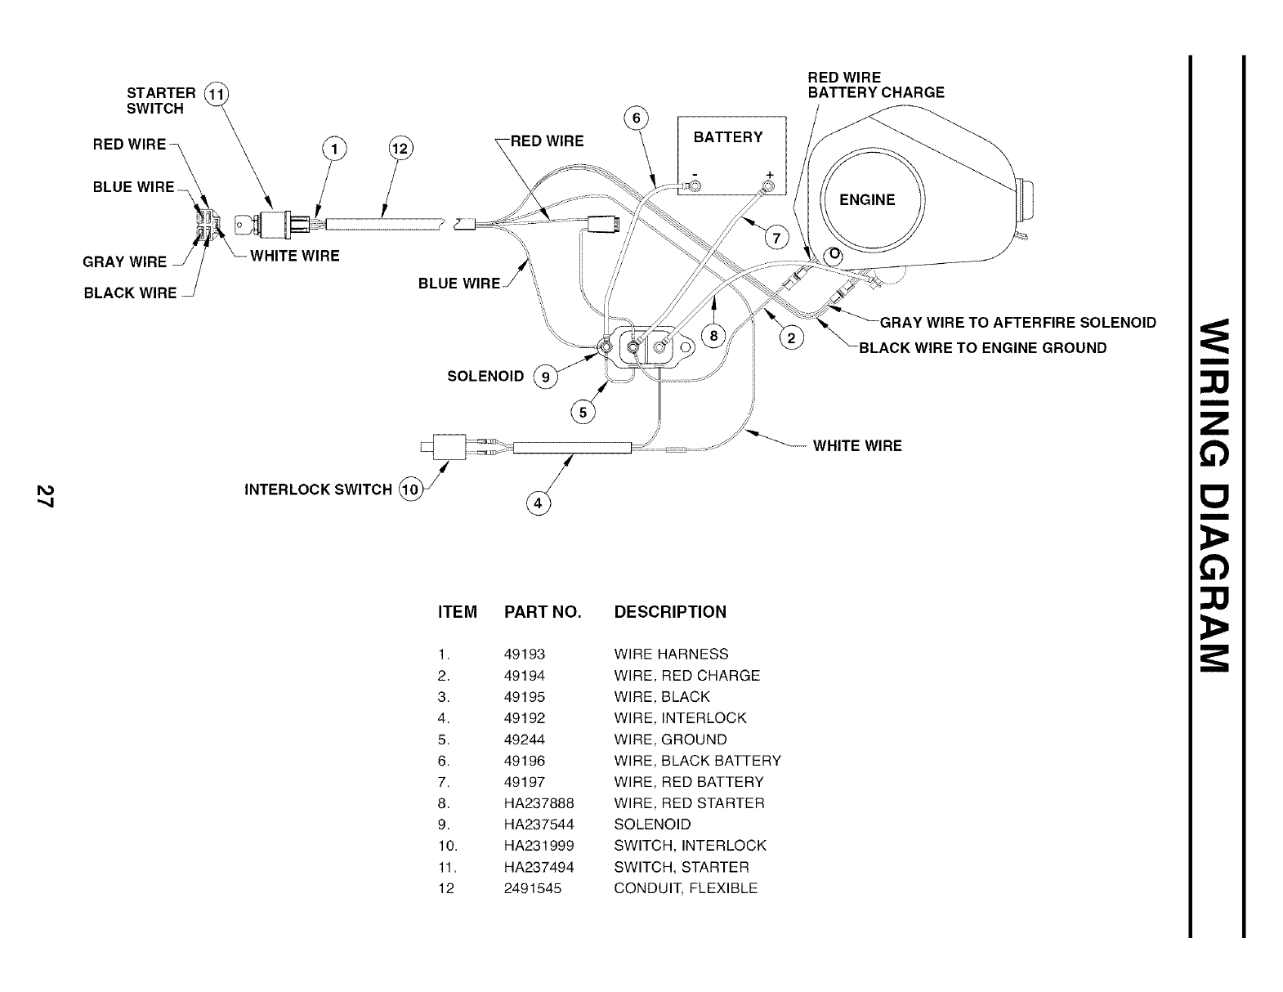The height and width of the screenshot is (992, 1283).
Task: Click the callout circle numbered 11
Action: click(216, 93)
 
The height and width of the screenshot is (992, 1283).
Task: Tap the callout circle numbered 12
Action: click(400, 150)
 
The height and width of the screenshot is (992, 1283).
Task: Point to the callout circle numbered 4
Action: click(538, 503)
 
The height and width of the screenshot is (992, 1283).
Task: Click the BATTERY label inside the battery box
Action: click(727, 137)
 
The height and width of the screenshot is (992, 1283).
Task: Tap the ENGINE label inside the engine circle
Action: click(867, 200)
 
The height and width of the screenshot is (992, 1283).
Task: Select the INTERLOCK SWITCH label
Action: click(318, 489)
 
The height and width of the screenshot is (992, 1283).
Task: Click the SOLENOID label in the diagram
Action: click(485, 377)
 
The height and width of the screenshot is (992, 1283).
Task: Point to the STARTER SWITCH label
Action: click(161, 101)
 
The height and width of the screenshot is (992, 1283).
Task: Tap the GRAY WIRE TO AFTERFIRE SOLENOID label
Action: click(1017, 322)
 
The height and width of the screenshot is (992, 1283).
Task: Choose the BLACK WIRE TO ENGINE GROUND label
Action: click(982, 348)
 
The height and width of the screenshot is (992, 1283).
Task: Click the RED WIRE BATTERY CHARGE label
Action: click(875, 85)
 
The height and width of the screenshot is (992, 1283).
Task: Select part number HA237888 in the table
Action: click(539, 803)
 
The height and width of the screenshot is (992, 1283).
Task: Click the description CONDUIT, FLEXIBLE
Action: click(686, 888)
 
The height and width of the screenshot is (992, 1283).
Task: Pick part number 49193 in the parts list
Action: click(525, 655)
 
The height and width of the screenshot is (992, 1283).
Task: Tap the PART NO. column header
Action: click(543, 612)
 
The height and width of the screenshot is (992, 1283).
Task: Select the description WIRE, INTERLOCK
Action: click(680, 718)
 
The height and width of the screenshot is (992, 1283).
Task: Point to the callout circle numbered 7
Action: click(776, 238)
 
